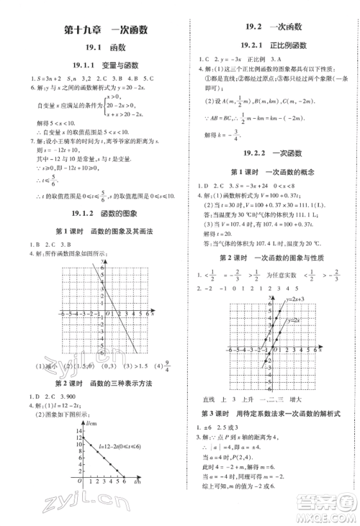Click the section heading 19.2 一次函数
[x=271, y=27]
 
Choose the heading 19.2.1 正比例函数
[x=271, y=45]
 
